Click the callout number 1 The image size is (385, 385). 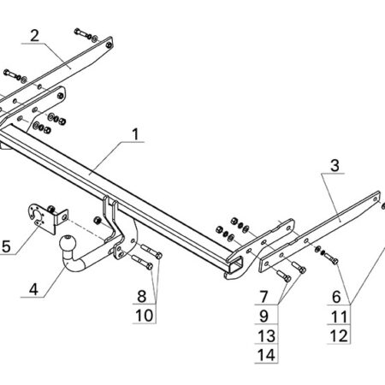coord(135,134)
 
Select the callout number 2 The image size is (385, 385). coord(34,36)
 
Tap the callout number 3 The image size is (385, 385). coord(335,165)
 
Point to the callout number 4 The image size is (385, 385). coord(33,289)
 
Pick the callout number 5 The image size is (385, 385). coord(6,246)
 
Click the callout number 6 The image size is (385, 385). coord(336,297)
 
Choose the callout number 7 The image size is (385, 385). coord(264,297)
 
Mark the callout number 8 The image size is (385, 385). coord(142,296)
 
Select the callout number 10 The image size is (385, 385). coord(144,316)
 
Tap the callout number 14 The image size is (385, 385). coord(266,355)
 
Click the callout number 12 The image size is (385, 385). coord(339,335)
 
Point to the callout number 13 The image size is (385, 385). coord(266,335)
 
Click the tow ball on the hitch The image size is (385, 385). coord(68,244)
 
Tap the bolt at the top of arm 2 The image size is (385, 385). coord(82,33)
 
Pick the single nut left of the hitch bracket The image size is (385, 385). coord(98,221)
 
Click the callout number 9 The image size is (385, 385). coord(264,316)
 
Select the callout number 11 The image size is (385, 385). coord(339,317)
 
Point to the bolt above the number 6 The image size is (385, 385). coord(331,258)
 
